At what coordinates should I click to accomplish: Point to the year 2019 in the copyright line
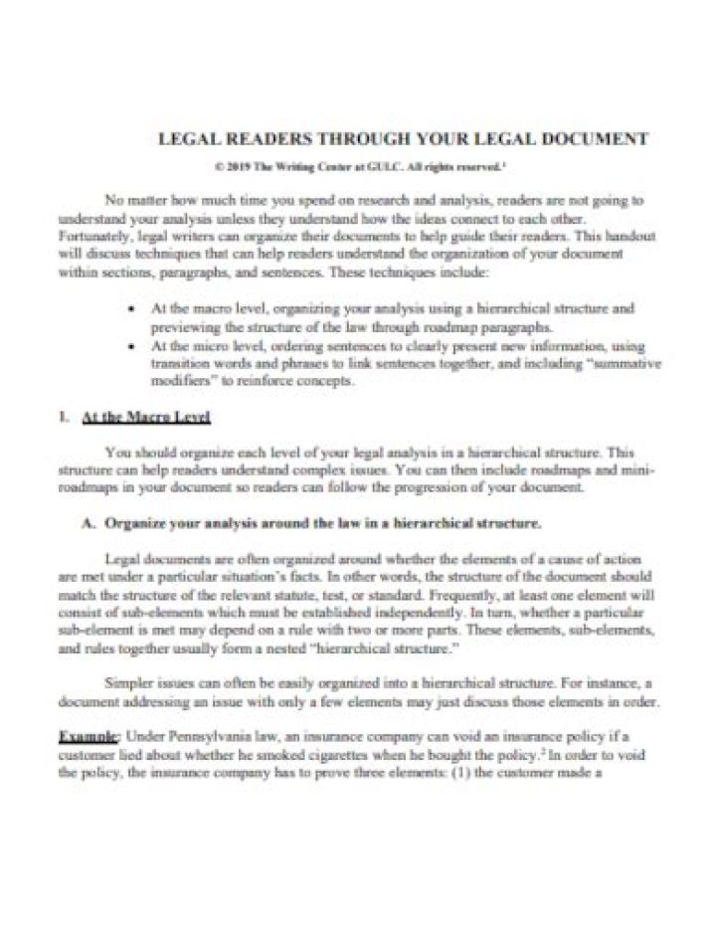point(241,167)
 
